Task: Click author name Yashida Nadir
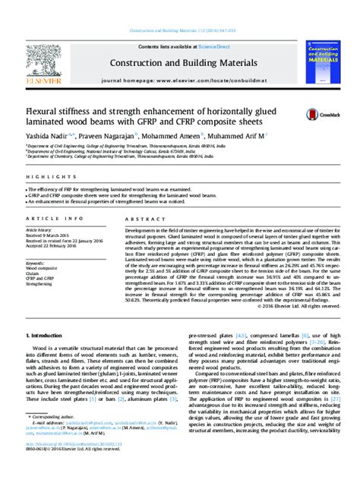pos(48,134)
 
